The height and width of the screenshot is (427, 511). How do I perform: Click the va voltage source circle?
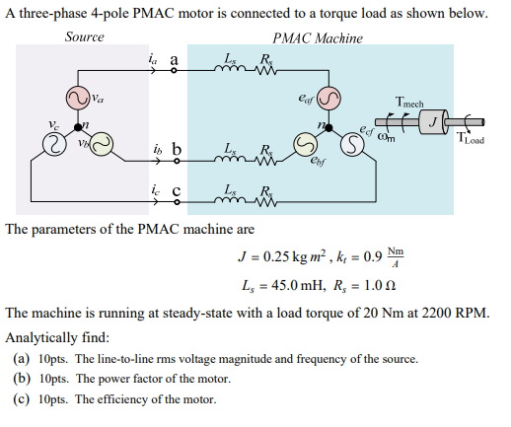click(76, 98)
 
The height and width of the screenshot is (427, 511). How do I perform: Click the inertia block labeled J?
click(433, 121)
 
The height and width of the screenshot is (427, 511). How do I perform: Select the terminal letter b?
click(177, 150)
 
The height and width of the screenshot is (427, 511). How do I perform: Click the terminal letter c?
click(176, 191)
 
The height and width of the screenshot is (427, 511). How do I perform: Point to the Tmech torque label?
click(408, 102)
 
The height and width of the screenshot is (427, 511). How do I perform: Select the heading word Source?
click(84, 37)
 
